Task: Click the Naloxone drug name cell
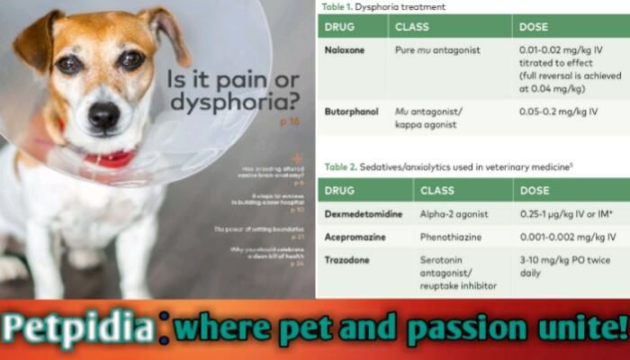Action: pyautogui.click(x=346, y=50)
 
